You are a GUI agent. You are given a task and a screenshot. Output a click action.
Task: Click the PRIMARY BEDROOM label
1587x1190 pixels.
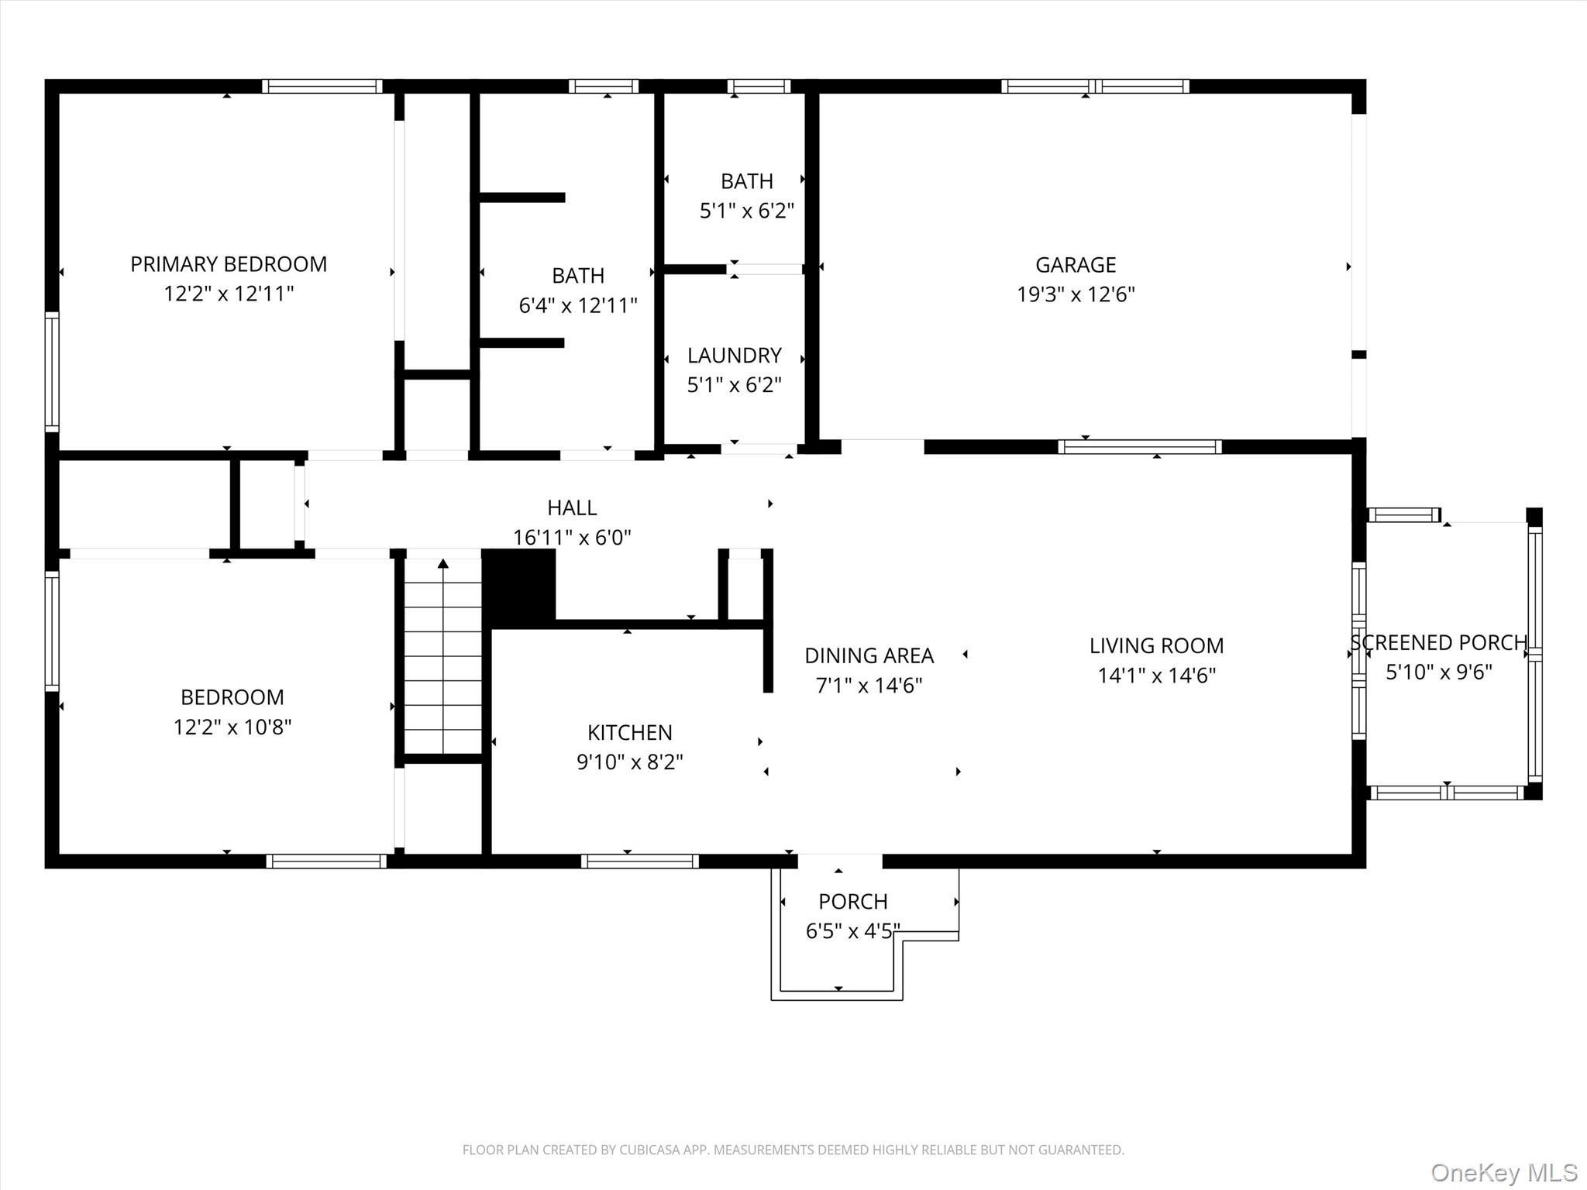[229, 264]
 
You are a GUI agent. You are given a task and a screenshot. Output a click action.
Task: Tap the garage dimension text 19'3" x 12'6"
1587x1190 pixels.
[1076, 294]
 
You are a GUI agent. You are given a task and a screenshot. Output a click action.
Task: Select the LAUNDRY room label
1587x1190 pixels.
[734, 356]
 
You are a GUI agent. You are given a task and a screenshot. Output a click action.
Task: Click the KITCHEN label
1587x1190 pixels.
[629, 732]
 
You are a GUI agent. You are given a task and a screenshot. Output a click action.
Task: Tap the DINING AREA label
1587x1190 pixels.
[869, 655]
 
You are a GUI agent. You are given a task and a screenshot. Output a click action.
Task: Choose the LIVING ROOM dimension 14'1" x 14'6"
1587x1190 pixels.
[1156, 676]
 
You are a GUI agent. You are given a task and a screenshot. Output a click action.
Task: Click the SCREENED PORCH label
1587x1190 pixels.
[1439, 642]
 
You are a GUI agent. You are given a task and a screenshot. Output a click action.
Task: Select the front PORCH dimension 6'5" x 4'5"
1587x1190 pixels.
[852, 930]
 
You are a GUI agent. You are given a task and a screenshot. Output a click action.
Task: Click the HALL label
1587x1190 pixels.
[572, 507]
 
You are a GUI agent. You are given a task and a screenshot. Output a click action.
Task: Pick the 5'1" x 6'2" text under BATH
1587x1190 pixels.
[747, 211]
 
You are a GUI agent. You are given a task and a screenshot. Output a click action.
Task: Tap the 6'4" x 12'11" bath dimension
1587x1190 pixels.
[577, 305]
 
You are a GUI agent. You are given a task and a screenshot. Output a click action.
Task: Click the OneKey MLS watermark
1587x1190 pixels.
[1503, 1172]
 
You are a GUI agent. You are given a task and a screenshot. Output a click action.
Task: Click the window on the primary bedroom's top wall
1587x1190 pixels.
[322, 86]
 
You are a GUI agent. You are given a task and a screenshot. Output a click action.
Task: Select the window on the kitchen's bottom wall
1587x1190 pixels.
[639, 861]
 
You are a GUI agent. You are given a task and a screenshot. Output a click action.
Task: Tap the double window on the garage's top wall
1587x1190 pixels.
[1094, 86]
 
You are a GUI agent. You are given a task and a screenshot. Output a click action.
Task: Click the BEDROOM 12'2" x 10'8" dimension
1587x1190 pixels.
[232, 727]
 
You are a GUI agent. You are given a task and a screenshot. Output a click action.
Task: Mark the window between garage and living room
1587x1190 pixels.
[1139, 447]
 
